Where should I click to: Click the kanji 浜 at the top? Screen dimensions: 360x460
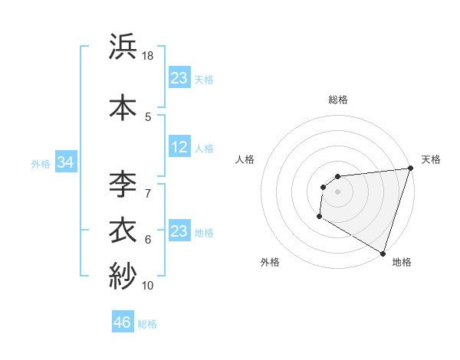point(123,47)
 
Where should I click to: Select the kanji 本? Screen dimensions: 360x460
point(123,108)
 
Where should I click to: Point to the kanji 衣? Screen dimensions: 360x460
point(123,231)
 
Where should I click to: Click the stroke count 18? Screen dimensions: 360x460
point(149,57)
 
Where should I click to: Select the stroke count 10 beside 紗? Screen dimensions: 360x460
point(148,285)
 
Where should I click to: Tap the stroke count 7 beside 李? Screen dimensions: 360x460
point(148,192)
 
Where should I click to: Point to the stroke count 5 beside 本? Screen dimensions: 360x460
point(148,116)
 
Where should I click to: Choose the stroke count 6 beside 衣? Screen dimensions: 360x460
point(148,240)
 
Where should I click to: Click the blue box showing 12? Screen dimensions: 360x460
point(179,148)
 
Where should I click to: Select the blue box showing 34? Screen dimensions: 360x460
point(65,162)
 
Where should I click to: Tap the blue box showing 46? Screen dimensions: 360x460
point(123,323)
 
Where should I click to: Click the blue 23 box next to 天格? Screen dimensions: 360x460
point(179,78)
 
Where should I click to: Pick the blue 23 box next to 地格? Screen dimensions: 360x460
point(179,231)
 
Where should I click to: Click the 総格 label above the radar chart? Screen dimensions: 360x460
point(338,100)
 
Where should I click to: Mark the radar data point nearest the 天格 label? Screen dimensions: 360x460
point(410,169)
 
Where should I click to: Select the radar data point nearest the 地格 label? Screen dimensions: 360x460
point(383,253)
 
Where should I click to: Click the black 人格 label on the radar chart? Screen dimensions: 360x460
point(246,159)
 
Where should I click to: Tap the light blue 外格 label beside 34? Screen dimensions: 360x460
point(41,163)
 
